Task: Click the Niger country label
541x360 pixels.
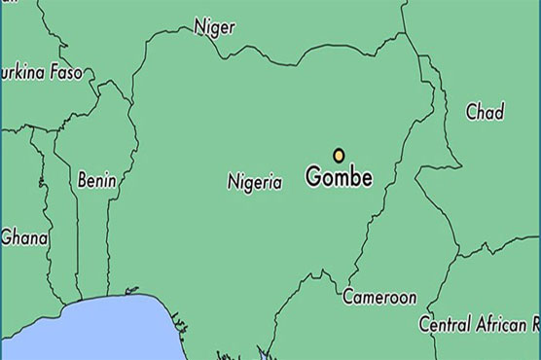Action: pos(214,27)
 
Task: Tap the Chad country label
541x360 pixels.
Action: pos(485,112)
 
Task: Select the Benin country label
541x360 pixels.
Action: pos(96,181)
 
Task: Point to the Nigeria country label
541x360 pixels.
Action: pos(254,181)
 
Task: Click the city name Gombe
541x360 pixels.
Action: pos(339,179)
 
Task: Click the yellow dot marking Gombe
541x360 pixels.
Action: pos(339,155)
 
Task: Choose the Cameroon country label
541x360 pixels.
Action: pos(379,297)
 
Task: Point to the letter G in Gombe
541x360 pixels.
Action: pos(313,179)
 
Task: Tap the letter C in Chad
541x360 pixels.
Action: pos(471,112)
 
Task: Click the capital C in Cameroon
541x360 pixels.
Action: pos(348,297)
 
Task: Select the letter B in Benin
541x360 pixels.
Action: pos(82,181)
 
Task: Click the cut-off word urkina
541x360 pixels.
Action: pos(20,73)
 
